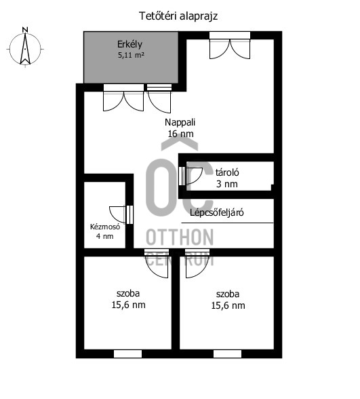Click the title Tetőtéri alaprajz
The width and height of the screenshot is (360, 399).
click(178, 16)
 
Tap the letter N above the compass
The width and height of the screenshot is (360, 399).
click(25, 30)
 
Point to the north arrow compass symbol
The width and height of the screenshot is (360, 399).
click(25, 49)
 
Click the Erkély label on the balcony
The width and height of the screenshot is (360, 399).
click(129, 45)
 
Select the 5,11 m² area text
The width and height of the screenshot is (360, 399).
click(132, 55)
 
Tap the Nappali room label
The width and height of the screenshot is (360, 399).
click(180, 122)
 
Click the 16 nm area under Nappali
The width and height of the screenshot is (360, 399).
click(180, 134)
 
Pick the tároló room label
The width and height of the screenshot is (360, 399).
click(227, 172)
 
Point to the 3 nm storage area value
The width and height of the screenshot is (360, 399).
click(226, 184)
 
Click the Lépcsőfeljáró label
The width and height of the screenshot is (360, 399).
click(217, 212)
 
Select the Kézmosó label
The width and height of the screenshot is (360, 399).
click(105, 227)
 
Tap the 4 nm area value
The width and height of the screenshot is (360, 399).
click(104, 236)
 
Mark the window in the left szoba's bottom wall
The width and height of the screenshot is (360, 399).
click(127, 354)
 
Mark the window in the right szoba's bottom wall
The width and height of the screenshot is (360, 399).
click(227, 354)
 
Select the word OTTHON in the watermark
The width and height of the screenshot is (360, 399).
click(180, 237)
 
